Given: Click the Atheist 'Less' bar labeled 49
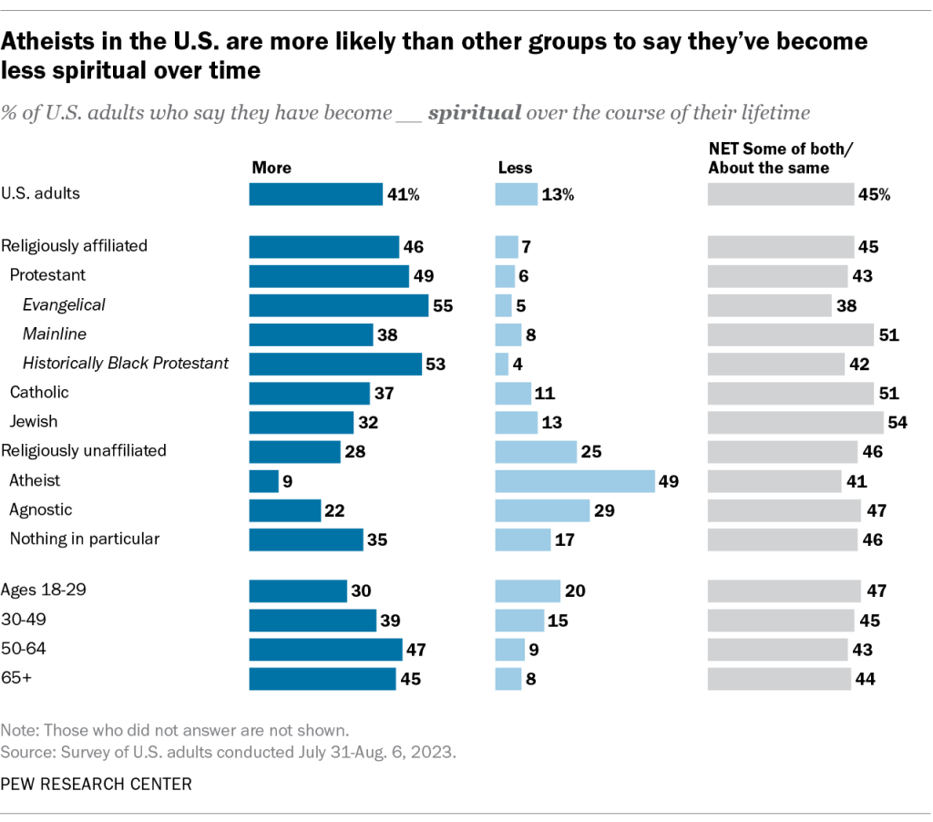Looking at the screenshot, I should click(574, 481).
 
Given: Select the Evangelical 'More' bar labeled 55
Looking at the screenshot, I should click(338, 305).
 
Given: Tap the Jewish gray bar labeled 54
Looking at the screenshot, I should click(795, 422).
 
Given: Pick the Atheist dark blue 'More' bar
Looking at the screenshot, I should click(263, 481).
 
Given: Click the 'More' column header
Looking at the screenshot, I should click(272, 168).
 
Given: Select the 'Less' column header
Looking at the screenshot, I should click(515, 168).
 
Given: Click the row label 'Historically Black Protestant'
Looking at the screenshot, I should click(126, 364).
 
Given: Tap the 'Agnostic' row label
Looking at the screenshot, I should click(41, 509).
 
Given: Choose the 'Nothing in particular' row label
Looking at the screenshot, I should click(85, 539).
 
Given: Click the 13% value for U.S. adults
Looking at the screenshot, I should click(559, 194).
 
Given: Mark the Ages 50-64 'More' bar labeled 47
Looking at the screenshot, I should click(325, 649).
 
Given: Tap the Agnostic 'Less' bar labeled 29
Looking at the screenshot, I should click(542, 510).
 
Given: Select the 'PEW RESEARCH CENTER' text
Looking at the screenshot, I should click(97, 784).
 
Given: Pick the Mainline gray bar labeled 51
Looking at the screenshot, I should click(790, 334).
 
